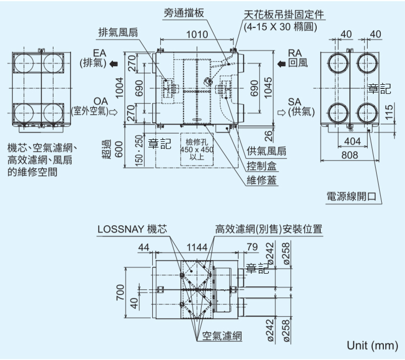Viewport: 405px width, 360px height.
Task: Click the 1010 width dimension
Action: [x=196, y=34]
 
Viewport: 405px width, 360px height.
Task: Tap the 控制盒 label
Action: [x=262, y=165]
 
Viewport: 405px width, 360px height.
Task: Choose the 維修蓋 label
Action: [x=262, y=180]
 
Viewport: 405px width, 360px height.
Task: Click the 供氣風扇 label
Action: [x=267, y=150]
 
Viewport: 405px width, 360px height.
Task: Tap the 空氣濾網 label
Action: [x=222, y=336]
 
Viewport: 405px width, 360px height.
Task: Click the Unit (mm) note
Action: [x=371, y=346]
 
